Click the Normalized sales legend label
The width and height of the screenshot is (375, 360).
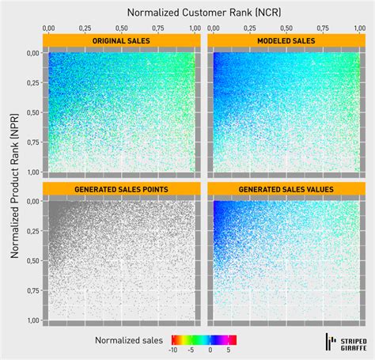point(129,340)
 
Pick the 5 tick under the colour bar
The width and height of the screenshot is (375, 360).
point(229,349)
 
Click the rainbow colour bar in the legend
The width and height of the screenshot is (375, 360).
point(201,339)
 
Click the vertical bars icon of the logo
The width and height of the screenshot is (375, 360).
point(331,342)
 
